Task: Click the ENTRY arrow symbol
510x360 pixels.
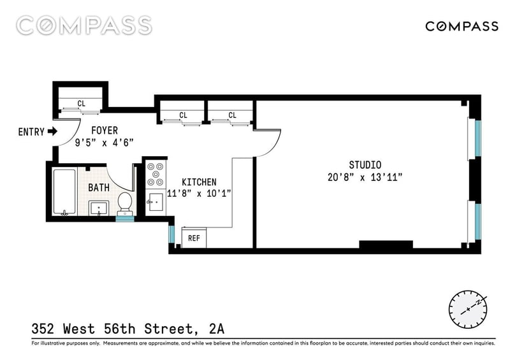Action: (x=52, y=131)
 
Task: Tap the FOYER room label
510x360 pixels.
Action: (x=105, y=131)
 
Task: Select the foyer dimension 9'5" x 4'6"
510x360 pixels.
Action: (x=104, y=143)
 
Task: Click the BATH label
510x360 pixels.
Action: (x=99, y=187)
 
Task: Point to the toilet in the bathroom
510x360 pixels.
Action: (x=124, y=204)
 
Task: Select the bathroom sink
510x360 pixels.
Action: (x=99, y=208)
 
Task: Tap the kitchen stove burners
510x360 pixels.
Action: (x=156, y=175)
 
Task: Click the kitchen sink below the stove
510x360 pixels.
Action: (x=156, y=202)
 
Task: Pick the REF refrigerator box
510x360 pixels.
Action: (x=194, y=238)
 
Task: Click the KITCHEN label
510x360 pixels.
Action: (x=199, y=182)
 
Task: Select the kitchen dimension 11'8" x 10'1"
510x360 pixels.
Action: (x=199, y=194)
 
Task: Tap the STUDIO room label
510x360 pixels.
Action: (x=365, y=165)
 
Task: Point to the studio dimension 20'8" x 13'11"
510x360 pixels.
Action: (x=365, y=177)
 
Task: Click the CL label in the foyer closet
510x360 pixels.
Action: (x=82, y=103)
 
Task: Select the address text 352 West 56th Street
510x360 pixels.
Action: (x=115, y=329)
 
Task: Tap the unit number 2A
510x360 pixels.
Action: (x=217, y=329)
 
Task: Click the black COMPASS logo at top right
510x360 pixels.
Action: (x=462, y=26)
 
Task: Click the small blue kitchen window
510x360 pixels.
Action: (x=171, y=234)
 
